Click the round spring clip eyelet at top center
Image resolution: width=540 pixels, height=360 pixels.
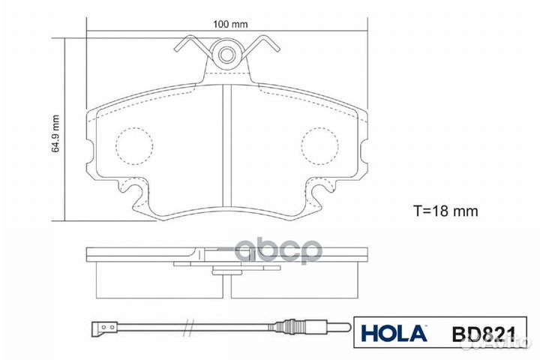(227, 52)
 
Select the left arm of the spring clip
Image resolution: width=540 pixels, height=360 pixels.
(191, 46)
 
